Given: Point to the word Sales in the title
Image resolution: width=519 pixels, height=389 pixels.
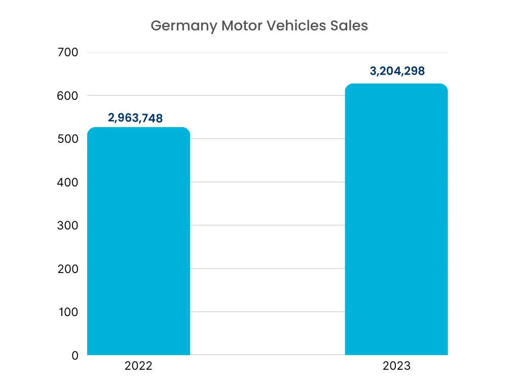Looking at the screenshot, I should click(x=350, y=26).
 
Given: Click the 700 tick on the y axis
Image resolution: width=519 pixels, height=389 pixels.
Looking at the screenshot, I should click(x=68, y=52).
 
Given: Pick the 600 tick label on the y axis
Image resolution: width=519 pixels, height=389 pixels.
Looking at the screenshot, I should click(x=68, y=96).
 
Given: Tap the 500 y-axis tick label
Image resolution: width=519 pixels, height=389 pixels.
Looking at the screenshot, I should click(x=68, y=139).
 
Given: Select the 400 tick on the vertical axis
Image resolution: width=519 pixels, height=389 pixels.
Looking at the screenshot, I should click(x=68, y=182).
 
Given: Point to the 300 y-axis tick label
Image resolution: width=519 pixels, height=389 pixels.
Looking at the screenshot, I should click(x=68, y=225).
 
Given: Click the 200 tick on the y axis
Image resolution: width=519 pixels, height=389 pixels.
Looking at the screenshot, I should click(x=68, y=268).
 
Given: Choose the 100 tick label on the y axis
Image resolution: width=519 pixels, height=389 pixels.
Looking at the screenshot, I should click(x=68, y=312).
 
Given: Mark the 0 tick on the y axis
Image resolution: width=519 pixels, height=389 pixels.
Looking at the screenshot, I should click(x=75, y=356).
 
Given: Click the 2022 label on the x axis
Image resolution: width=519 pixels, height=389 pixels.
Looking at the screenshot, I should click(x=138, y=366).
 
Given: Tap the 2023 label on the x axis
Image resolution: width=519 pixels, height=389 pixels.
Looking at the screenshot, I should click(x=397, y=366).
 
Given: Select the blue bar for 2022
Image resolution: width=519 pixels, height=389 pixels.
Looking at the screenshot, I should click(x=138, y=243).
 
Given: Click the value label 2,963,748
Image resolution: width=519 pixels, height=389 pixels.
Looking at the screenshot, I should click(x=135, y=118).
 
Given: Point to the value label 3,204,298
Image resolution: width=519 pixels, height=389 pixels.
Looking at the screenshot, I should click(x=397, y=71).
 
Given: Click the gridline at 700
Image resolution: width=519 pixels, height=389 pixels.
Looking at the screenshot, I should click(x=267, y=52).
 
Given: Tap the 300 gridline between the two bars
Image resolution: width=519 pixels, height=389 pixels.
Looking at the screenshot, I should click(x=267, y=225).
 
